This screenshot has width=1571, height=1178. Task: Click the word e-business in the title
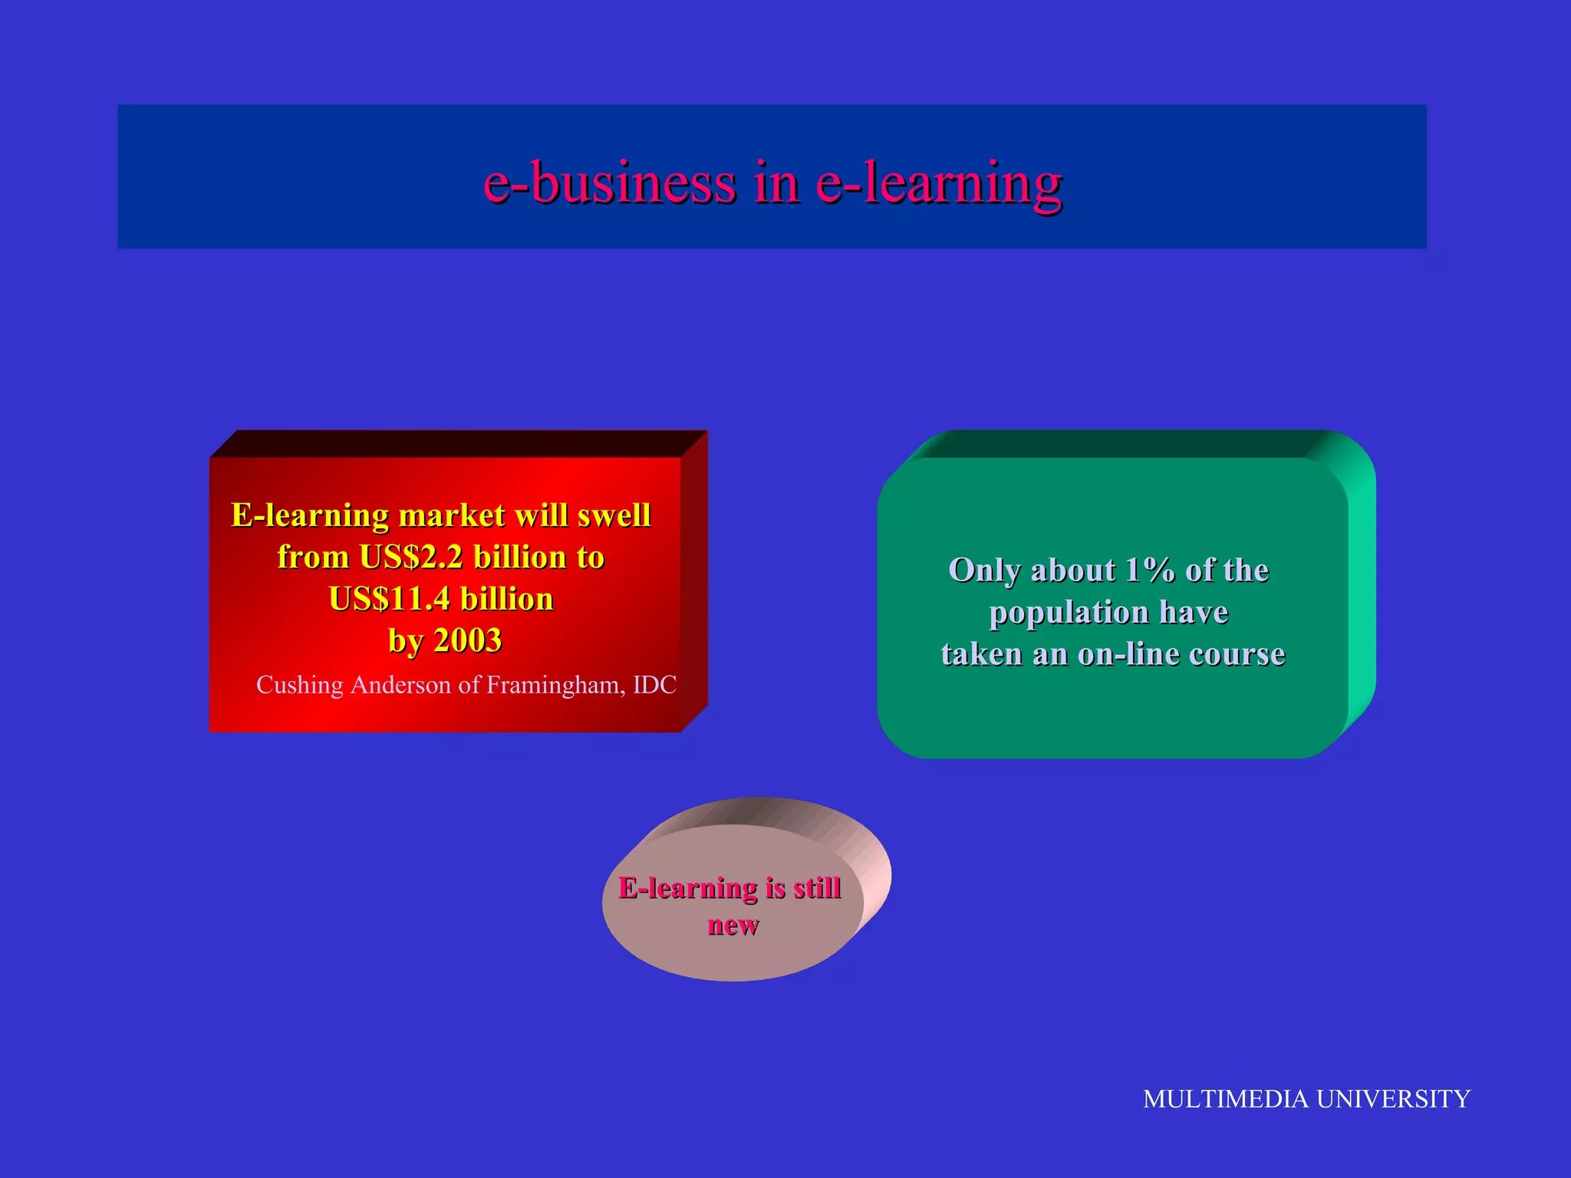pos(610,184)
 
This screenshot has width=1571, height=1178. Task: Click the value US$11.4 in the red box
pos(390,599)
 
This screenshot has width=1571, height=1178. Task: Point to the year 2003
pos(468,640)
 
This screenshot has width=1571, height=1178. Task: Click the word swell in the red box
pos(614,515)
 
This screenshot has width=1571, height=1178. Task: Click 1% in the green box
pos(1150,571)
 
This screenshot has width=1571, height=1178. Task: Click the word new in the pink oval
pos(733,925)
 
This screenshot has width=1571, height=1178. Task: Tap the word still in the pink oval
pos(817,888)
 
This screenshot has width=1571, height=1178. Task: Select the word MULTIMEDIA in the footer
pos(1225,1099)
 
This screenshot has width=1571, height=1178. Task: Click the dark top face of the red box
pos(458,443)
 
